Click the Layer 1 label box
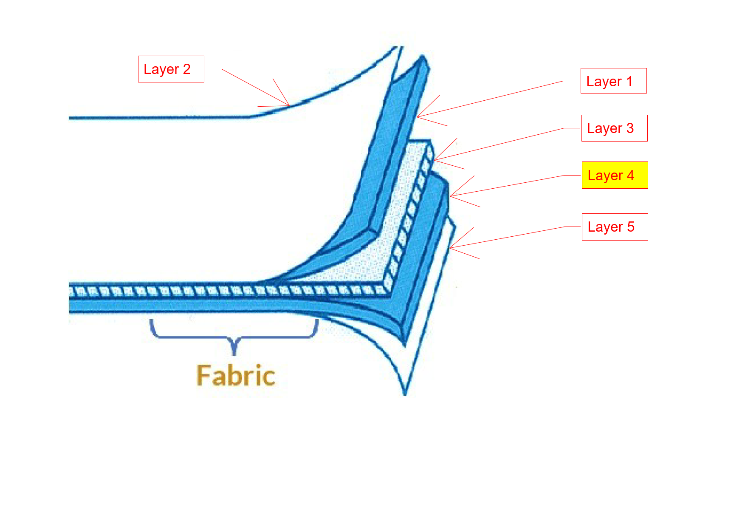click(x=613, y=81)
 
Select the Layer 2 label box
click(x=171, y=69)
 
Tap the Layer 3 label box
click(x=614, y=128)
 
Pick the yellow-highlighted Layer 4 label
click(x=615, y=175)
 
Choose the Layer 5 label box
click(x=615, y=227)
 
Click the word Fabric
click(x=236, y=376)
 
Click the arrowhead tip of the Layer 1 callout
click(x=417, y=117)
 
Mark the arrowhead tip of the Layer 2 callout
click(x=290, y=106)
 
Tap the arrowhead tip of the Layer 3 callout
click(x=434, y=160)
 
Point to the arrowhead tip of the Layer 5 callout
click(x=449, y=248)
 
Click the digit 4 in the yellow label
click(x=630, y=175)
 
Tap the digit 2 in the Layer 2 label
click(x=186, y=69)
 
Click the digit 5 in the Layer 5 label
click(x=631, y=227)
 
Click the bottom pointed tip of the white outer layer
click(x=405, y=395)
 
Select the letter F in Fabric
click(x=203, y=376)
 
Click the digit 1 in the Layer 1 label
click(x=629, y=81)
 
